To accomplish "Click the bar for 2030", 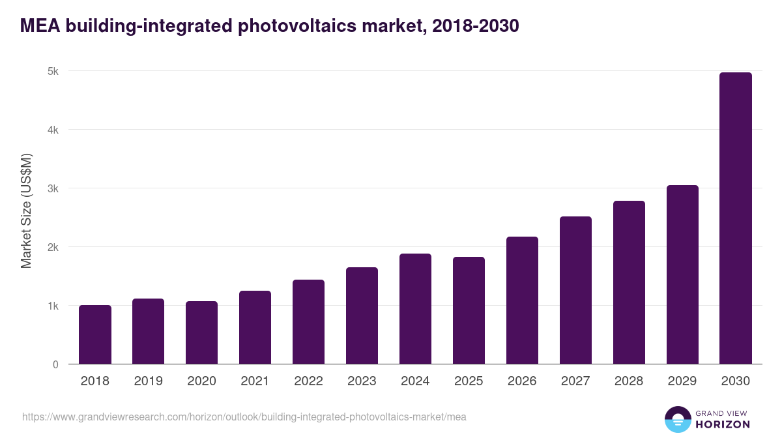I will coord(736,218).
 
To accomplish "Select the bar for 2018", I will coord(95,334).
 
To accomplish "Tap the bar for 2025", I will coord(469,310).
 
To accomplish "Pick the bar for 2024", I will coord(415,309).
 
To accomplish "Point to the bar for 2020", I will coord(201,332).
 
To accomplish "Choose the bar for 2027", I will coord(575,290).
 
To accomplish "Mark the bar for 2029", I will coord(682,274).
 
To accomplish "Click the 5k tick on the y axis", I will coord(53,71).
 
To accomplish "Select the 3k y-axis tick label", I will coord(53,188).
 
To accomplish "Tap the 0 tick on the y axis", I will coord(55,364).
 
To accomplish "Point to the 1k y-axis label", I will coord(53,306).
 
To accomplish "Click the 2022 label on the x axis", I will coord(308,381).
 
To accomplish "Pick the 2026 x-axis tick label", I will coord(522,381).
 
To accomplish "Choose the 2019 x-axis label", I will coord(148,381).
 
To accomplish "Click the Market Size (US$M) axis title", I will coord(26,211).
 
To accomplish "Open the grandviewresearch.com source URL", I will coord(244,417).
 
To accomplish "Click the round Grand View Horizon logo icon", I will coord(678,419).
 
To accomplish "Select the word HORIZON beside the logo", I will coord(723,424).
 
